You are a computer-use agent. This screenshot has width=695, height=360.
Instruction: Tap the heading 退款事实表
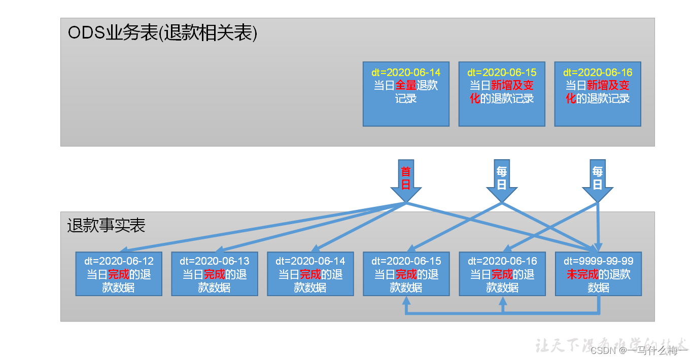pyautogui.click(x=107, y=225)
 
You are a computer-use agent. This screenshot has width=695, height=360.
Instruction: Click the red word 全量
pyautogui.click(x=406, y=85)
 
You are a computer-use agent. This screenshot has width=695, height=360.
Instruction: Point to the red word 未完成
pyautogui.click(x=582, y=275)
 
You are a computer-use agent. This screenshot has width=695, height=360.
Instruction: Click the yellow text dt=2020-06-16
pyautogui.click(x=598, y=73)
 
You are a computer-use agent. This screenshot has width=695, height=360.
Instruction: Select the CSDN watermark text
pyautogui.click(x=639, y=350)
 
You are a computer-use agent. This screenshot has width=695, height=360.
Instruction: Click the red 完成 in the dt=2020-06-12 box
pyautogui.click(x=119, y=275)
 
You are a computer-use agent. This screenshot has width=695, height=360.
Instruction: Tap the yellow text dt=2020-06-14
pyautogui.click(x=406, y=73)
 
